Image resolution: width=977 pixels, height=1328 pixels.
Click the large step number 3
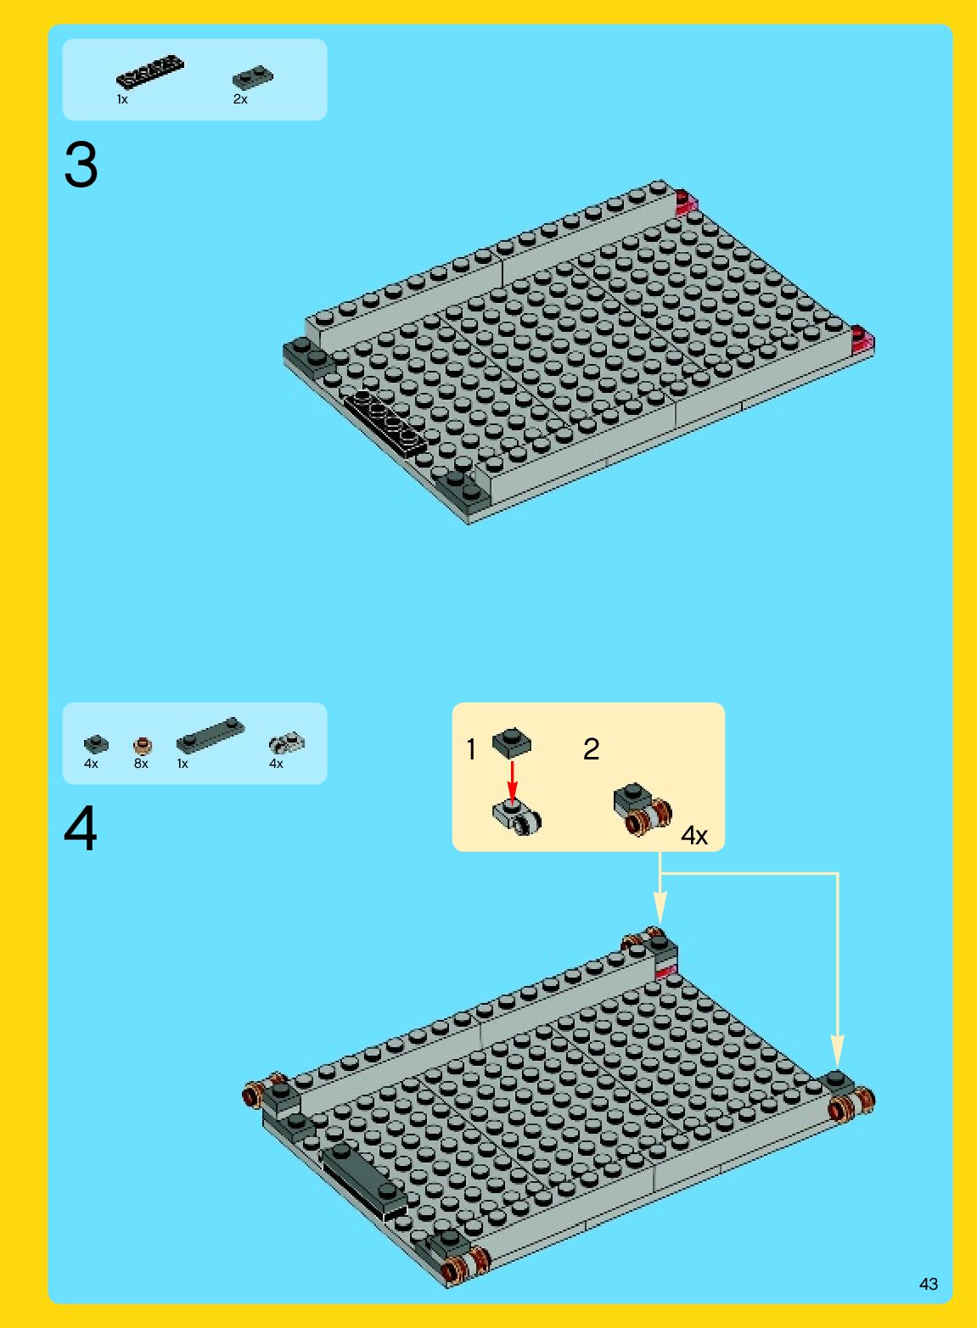[81, 165]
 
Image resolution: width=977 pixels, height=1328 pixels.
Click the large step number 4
[80, 829]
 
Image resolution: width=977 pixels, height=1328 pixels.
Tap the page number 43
[929, 1284]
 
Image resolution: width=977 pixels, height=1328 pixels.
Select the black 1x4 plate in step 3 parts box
[150, 71]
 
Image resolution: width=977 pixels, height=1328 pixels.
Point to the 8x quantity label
[141, 764]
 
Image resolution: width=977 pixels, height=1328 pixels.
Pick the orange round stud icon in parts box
[143, 745]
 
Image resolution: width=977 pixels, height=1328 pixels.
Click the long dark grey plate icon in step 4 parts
[210, 735]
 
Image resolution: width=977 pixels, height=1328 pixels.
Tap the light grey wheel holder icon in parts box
[287, 742]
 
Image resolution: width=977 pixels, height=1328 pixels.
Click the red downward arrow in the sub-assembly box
[513, 782]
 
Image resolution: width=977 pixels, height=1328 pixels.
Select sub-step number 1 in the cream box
[471, 749]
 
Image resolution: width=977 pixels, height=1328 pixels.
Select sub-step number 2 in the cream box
[591, 749]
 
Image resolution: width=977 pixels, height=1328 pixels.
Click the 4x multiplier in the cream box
[694, 836]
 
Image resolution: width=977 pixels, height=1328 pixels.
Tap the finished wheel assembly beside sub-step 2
[643, 810]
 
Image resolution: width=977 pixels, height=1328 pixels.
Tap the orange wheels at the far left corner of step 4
[262, 1091]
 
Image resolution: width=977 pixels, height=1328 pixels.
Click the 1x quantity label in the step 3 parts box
[122, 99]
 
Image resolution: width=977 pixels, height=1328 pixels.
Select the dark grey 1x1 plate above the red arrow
[512, 742]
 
